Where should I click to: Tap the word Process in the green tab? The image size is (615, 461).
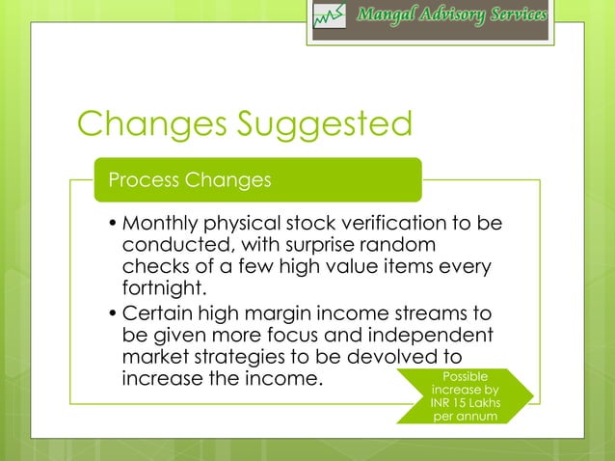pos(146,180)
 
